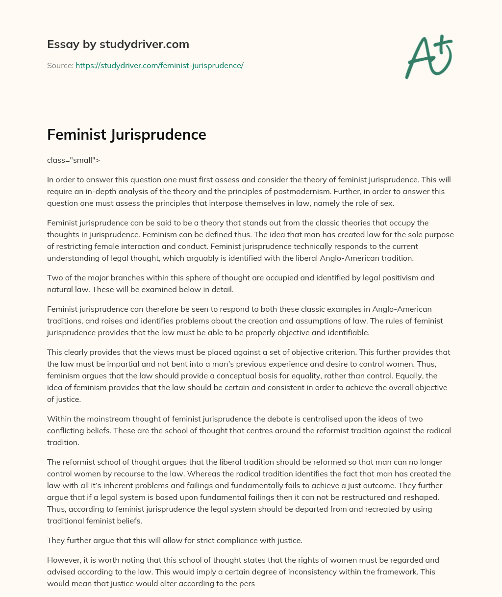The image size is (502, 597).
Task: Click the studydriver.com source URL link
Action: (159, 65)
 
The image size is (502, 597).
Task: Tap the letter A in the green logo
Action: (418, 57)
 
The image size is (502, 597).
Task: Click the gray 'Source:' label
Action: (60, 65)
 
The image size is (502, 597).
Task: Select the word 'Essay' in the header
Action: (61, 44)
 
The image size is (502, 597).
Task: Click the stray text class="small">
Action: (74, 160)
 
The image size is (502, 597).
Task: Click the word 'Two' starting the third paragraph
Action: (54, 277)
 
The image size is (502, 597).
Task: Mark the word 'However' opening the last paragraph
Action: (63, 560)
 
